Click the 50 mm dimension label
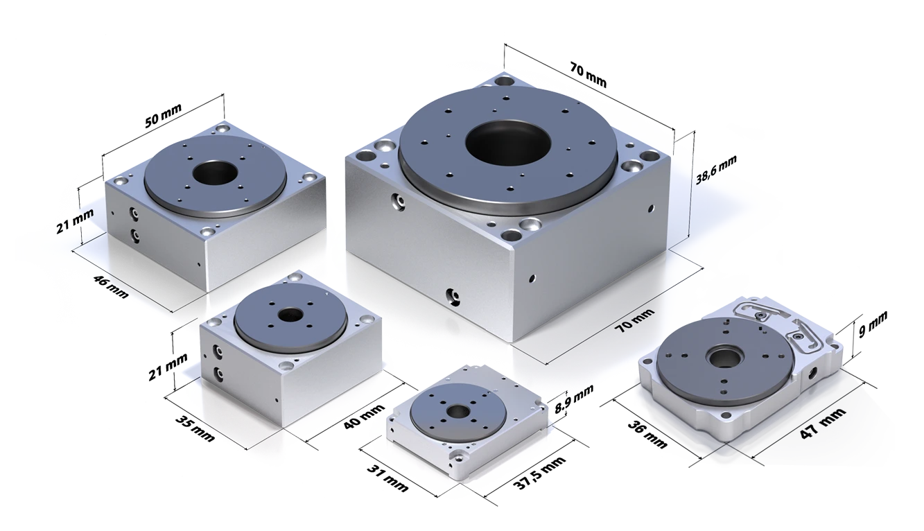[x=164, y=116]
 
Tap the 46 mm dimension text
[x=111, y=286]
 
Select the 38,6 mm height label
[x=716, y=170]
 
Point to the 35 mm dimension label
[x=195, y=428]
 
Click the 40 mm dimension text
[x=364, y=417]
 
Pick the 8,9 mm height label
[x=574, y=399]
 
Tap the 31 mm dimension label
[x=387, y=478]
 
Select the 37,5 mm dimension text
[x=539, y=472]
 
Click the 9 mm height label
[x=873, y=324]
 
